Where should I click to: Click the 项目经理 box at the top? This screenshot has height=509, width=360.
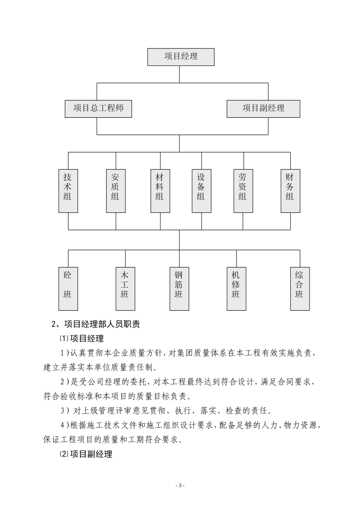tap(181, 57)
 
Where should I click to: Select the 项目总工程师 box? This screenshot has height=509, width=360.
tap(99, 109)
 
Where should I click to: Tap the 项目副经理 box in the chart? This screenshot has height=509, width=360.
tap(263, 109)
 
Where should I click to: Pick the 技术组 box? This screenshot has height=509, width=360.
tap(68, 190)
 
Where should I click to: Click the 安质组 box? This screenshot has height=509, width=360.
tap(116, 190)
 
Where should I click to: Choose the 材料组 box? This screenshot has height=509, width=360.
tap(160, 190)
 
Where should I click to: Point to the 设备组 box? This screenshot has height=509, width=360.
tap(201, 190)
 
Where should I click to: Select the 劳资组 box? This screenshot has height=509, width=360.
tap(243, 190)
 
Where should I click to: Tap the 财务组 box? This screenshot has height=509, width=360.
tap(290, 190)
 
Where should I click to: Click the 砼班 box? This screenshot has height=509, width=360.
tap(68, 288)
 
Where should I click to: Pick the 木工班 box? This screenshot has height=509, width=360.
tap(125, 288)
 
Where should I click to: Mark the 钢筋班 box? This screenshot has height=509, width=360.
tap(179, 288)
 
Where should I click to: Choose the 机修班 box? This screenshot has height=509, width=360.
tap(236, 288)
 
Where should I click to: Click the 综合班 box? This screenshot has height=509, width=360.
tap(300, 288)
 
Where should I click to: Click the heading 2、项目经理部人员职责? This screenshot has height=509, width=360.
tap(95, 324)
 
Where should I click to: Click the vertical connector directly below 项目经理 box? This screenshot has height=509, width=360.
tap(180, 74)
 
